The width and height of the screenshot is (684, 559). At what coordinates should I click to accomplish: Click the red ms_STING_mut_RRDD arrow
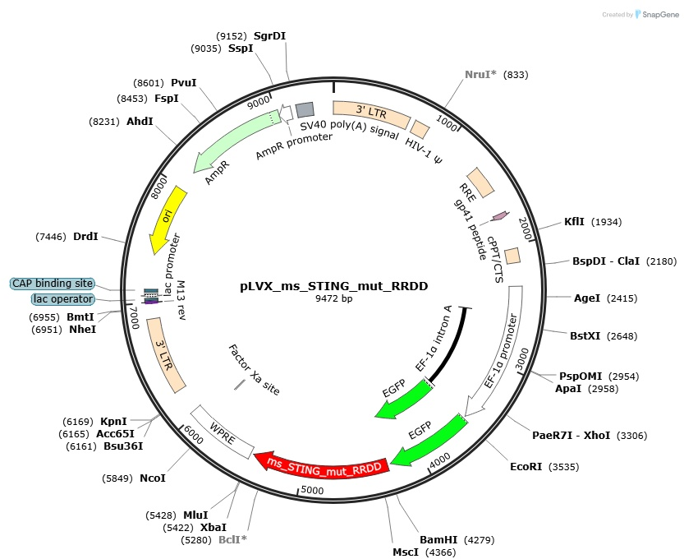[323, 467]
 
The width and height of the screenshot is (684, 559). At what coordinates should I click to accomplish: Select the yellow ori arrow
[167, 219]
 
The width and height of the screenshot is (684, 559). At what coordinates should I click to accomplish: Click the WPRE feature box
[223, 432]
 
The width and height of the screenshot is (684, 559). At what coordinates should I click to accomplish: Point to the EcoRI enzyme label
[526, 467]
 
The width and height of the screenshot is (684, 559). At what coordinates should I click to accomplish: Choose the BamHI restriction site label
[438, 540]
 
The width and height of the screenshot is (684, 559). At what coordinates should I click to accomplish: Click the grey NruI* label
[480, 75]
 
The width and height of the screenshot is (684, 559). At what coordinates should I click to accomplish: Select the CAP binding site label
[53, 284]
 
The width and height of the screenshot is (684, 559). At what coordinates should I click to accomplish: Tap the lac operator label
[63, 299]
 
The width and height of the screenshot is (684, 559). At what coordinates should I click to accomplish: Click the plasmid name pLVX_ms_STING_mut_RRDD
[333, 286]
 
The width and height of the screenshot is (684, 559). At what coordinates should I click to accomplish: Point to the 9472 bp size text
[333, 298]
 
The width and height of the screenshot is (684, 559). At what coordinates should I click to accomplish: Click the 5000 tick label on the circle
[312, 490]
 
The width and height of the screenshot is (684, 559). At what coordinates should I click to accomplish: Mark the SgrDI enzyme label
[269, 36]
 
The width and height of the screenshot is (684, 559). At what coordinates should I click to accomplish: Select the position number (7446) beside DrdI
[51, 237]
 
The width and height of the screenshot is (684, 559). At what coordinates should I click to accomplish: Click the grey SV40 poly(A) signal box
[305, 109]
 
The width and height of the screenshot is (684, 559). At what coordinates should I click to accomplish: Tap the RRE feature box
[480, 182]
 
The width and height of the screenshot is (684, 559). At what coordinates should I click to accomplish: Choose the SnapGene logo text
[660, 15]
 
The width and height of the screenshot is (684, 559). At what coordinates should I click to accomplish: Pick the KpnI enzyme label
[113, 422]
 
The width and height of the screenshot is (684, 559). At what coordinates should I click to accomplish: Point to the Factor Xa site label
[254, 369]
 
